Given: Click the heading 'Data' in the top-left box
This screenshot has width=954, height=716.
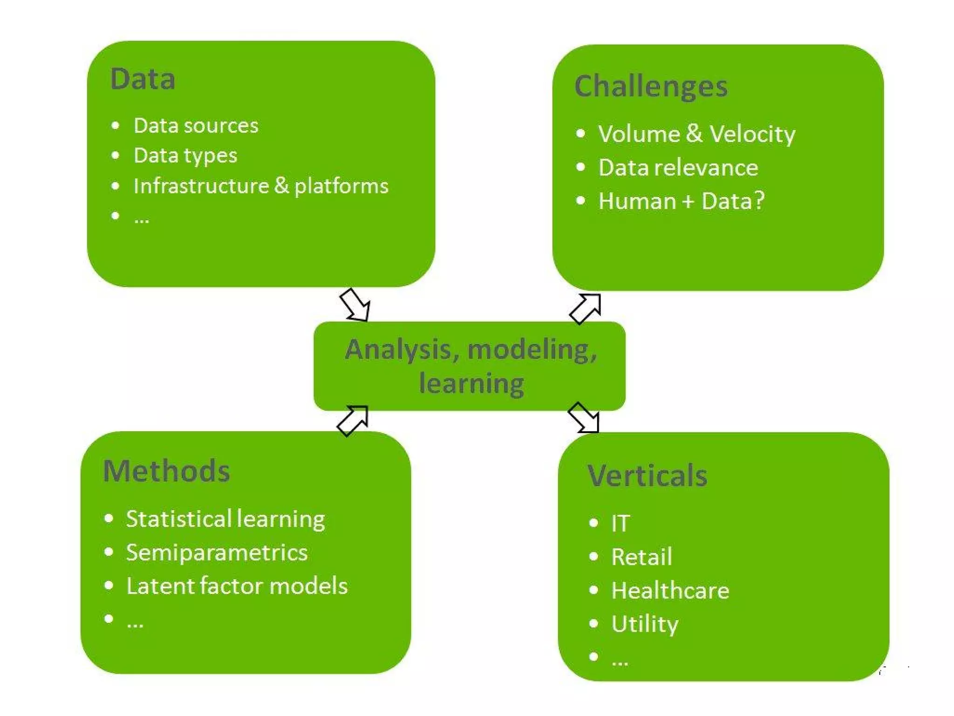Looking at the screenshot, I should coord(143,79).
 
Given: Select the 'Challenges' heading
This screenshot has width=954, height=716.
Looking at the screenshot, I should coord(650,87).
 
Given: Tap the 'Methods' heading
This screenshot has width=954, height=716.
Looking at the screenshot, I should coord(166,471).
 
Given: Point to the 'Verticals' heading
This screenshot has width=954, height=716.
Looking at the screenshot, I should coord(647,476).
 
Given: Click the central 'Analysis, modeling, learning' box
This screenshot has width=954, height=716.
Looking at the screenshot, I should coord(470,366).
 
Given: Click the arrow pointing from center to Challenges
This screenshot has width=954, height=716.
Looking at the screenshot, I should coord(586,308).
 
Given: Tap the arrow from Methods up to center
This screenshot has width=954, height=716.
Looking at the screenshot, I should coord(353,420).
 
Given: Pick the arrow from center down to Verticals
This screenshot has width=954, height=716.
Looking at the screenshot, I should coord(584,417).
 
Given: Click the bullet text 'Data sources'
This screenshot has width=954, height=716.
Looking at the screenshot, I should coord(196,126).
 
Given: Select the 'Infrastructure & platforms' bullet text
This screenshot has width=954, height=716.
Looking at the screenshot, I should coord(260,186).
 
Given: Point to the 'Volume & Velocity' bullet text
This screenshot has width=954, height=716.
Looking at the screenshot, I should coord(696,134).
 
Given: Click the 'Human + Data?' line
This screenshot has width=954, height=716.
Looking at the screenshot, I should coord(681,201).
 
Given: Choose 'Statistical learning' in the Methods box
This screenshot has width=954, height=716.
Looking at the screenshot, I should coord(225,519).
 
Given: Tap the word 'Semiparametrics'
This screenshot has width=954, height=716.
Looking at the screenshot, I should coord(217,553).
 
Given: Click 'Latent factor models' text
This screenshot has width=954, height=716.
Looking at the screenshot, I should coord(237,586).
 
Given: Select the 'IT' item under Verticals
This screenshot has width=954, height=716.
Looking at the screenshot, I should coord(620,523).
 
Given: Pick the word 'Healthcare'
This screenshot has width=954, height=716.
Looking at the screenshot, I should coord(670,591).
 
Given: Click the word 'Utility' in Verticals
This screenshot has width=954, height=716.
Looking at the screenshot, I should coord(645,624).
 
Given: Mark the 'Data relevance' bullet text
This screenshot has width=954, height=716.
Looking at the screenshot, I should coord(678,168).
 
